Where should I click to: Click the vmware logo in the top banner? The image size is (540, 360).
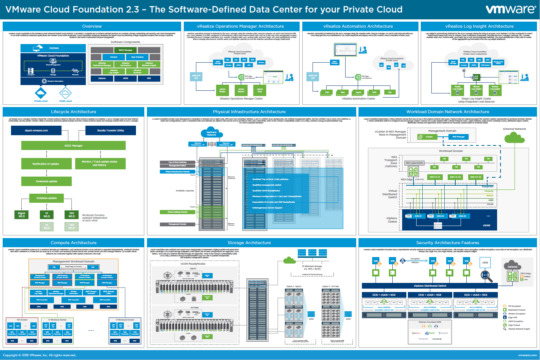[510, 9]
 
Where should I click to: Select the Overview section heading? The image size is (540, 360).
[92, 26]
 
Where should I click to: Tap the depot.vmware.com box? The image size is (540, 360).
[36, 130]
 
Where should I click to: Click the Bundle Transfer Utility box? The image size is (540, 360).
[111, 130]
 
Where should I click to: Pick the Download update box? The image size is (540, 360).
[46, 181]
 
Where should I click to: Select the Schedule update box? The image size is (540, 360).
[46, 198]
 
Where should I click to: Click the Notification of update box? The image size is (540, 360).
[46, 164]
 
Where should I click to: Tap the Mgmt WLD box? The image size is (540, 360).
[22, 215]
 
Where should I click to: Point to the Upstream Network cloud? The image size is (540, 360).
[212, 133]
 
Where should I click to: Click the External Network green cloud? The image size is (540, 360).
[515, 137]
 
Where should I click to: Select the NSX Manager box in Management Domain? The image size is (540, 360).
[458, 137]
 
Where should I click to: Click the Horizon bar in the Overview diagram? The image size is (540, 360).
[54, 48]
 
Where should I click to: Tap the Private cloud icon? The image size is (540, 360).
[41, 93]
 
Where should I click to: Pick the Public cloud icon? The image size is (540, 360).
[65, 93]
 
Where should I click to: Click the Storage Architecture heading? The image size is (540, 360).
[249, 243]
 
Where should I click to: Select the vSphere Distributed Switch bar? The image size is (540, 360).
[430, 286]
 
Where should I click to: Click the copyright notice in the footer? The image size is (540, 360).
[39, 355]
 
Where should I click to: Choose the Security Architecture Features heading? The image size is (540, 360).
[448, 243]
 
